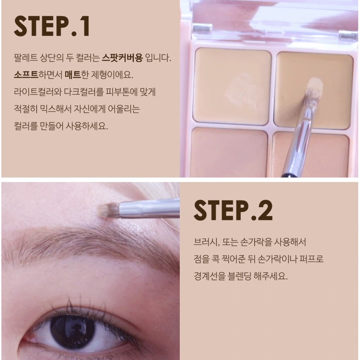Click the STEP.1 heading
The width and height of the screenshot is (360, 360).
pyautogui.click(x=52, y=26)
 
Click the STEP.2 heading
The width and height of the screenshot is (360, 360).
pyautogui.click(x=233, y=210)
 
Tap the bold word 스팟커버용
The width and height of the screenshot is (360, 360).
pyautogui.click(x=122, y=58)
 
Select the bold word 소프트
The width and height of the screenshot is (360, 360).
pyautogui.click(x=26, y=75)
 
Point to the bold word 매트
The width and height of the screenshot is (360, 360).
pyautogui.click(x=73, y=75)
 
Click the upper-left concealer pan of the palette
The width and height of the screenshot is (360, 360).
pyautogui.click(x=232, y=86)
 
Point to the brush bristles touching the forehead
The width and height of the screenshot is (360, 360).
pyautogui.click(x=108, y=210)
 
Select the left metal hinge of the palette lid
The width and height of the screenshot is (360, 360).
pyautogui.click(x=202, y=28)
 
